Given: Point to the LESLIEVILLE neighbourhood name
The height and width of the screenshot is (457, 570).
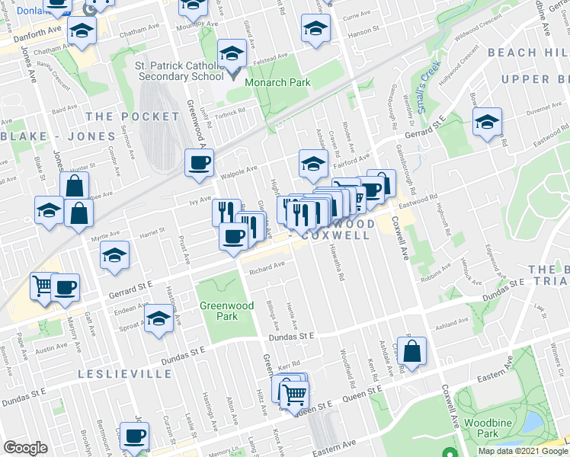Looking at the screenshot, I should point(116,374).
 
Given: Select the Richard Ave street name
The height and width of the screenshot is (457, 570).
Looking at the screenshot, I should point(266,266).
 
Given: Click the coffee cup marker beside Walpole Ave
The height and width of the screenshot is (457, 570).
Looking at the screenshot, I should point(200,163).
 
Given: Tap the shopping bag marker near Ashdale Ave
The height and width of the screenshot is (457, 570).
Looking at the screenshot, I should point(411,352).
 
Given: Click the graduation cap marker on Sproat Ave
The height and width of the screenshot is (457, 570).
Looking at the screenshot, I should point(159,318).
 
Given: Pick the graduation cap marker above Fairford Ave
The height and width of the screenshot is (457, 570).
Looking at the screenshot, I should point(312,163).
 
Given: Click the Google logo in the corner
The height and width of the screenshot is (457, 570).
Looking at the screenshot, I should point(25,449).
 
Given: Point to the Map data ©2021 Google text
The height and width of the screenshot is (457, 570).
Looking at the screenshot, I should point(522,451).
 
